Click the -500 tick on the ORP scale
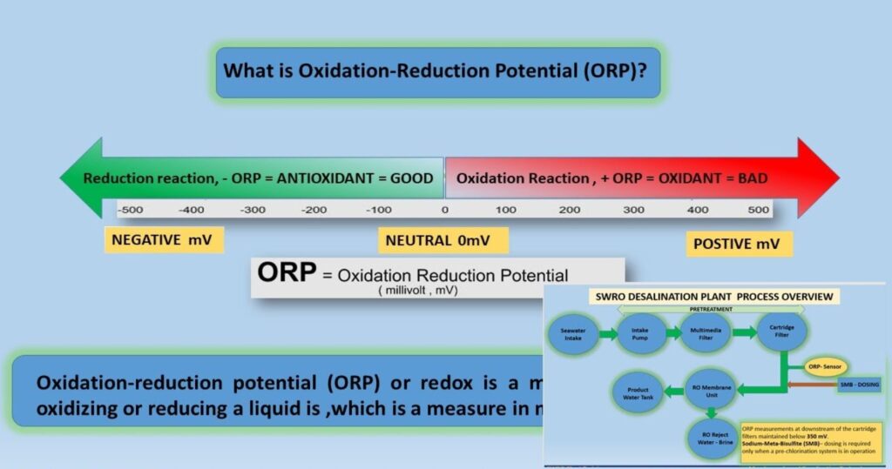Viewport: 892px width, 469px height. pyautogui.click(x=130, y=210)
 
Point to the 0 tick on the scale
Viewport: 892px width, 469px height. pyautogui.click(x=444, y=210)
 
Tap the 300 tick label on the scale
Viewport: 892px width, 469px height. pyautogui.click(x=633, y=210)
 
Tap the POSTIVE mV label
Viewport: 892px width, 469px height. pyautogui.click(x=739, y=244)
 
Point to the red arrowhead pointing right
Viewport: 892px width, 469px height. pyautogui.click(x=814, y=178)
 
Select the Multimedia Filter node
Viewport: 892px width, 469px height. pyautogui.click(x=706, y=332)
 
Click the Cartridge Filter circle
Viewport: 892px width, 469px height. pyautogui.click(x=781, y=332)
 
